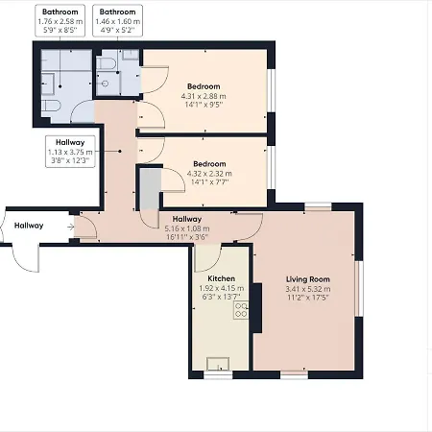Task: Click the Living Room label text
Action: [307, 278]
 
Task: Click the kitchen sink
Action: [220, 364]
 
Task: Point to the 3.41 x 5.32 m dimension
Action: [307, 288]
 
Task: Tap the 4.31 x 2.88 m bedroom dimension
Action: [208, 95]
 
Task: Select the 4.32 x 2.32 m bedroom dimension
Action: [208, 173]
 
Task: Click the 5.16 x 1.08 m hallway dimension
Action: [186, 228]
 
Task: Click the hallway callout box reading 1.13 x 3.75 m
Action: [70, 151]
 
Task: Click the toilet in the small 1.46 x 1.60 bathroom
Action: [108, 64]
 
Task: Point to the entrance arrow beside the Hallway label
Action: [70, 227]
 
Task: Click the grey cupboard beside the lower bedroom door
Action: [148, 191]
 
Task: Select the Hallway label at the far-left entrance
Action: [29, 226]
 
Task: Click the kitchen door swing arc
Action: [206, 257]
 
